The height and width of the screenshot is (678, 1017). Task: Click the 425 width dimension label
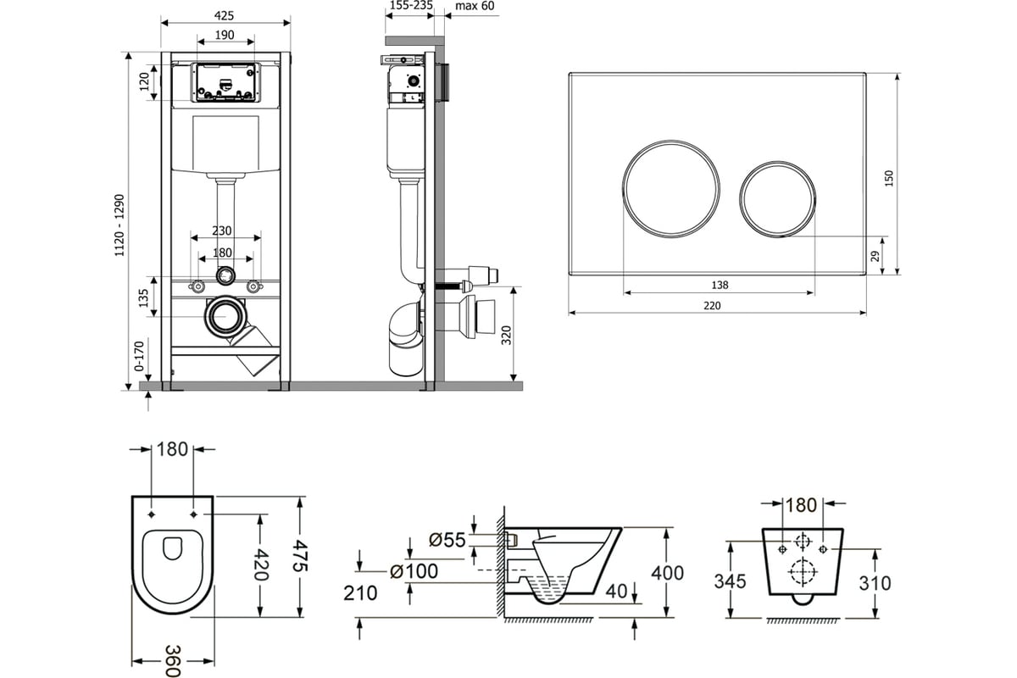pyautogui.click(x=225, y=16)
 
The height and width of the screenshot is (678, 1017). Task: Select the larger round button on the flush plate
pyautogui.click(x=672, y=186)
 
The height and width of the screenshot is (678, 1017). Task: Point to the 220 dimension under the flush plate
pyautogui.click(x=712, y=305)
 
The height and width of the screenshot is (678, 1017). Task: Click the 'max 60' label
pyautogui.click(x=475, y=6)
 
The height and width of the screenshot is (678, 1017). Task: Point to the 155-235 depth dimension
pyautogui.click(x=410, y=6)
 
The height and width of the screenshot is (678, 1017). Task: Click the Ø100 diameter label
pyautogui.click(x=414, y=571)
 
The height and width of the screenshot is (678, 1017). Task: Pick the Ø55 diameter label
pyautogui.click(x=447, y=539)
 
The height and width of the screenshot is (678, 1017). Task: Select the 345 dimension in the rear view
pyautogui.click(x=729, y=582)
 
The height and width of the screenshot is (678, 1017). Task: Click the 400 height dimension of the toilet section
pyautogui.click(x=667, y=572)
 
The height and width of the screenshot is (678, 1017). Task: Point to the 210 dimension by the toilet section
pyautogui.click(x=361, y=593)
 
